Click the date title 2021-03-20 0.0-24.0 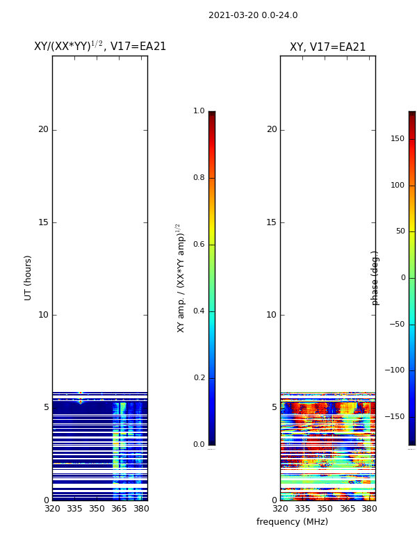[x=253, y=15]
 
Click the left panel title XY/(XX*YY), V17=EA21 [x=100, y=47]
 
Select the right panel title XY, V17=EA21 [x=327, y=47]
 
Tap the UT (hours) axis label [x=28, y=277]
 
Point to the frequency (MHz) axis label [x=292, y=522]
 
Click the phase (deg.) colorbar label [x=375, y=278]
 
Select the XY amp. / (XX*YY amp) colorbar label [x=181, y=278]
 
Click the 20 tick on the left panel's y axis [x=43, y=129]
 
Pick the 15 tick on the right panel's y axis [x=271, y=222]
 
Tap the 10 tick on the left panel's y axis [x=43, y=315]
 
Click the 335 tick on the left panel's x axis [x=74, y=509]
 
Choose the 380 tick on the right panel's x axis [x=369, y=509]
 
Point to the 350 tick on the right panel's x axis [x=325, y=509]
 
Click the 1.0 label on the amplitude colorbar [x=199, y=111]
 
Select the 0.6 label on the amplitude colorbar [x=199, y=245]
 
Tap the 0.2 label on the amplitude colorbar [x=199, y=378]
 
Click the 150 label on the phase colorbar [x=398, y=139]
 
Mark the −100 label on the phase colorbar [x=395, y=370]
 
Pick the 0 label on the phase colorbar [x=402, y=278]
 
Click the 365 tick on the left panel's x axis [x=119, y=509]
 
